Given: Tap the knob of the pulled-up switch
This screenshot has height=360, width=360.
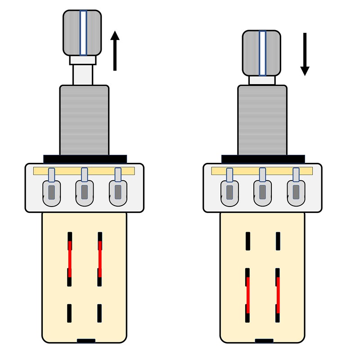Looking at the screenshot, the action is click(x=83, y=32).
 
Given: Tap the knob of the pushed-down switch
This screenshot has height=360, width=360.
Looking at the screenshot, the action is click(x=262, y=53).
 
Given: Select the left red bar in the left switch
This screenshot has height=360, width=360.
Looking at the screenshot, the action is click(x=70, y=259).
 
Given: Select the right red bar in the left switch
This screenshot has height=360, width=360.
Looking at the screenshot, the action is click(x=100, y=259).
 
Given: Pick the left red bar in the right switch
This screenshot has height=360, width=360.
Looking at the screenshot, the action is click(x=248, y=295).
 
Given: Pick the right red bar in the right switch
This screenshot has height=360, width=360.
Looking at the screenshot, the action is click(x=278, y=295).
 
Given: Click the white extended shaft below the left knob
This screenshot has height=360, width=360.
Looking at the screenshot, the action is click(x=83, y=74).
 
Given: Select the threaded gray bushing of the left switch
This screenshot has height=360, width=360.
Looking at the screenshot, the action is click(x=84, y=119).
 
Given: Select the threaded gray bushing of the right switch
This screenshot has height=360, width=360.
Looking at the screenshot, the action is click(x=262, y=119).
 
